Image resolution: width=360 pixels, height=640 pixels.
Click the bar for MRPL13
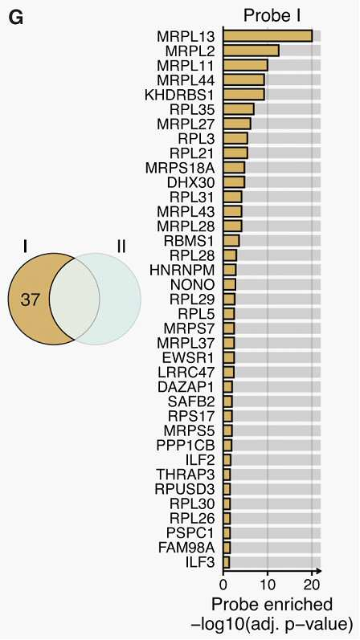coord(268,36)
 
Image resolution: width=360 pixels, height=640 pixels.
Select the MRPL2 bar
coord(251,51)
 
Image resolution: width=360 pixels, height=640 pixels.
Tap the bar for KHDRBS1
coord(244,95)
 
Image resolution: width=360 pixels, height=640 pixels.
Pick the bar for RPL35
coord(239,109)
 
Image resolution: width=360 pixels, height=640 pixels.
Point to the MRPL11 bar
coord(245,65)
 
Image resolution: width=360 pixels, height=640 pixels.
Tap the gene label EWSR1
coord(188,358)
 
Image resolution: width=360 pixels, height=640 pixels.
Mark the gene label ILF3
coord(200,562)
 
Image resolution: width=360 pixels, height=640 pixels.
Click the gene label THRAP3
coord(186,475)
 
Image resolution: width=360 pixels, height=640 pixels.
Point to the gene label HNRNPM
coord(182,270)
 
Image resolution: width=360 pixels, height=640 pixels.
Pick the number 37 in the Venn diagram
coord(31,301)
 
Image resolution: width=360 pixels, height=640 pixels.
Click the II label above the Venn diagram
coord(121,247)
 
